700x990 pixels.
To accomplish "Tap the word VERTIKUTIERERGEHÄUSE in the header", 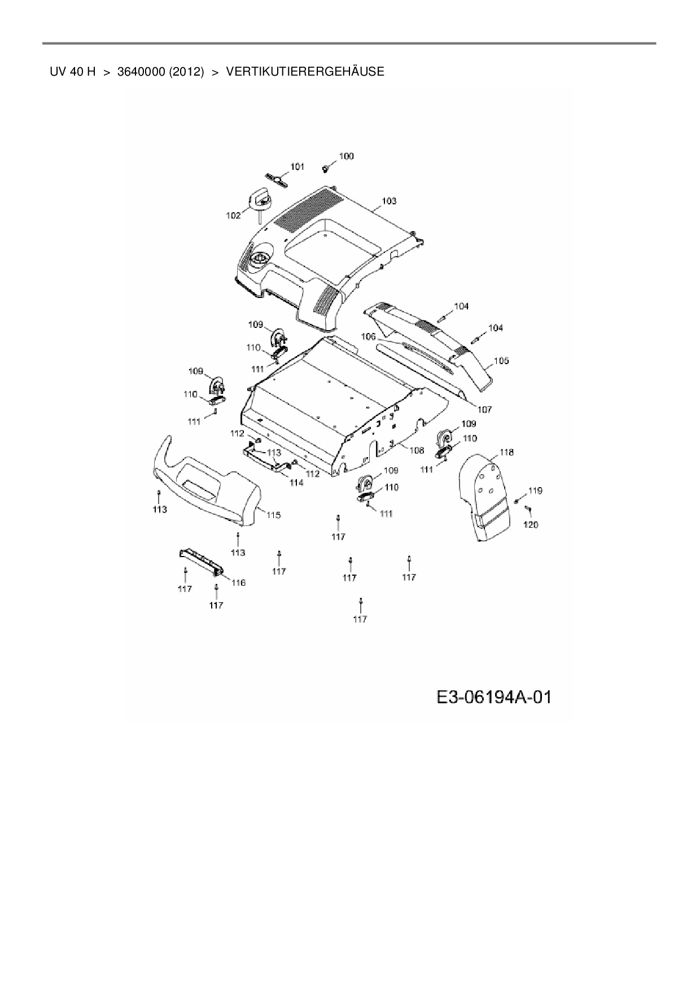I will (305, 72).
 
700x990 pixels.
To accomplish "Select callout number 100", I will (346, 156).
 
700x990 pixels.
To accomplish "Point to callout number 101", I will (297, 167).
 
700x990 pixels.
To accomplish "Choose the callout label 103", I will (389, 201).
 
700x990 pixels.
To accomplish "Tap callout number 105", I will (501, 361).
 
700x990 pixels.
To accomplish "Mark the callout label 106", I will (368, 336).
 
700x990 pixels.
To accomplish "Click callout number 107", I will (484, 409).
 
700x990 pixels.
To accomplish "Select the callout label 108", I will (416, 450).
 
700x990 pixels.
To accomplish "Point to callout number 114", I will (296, 483).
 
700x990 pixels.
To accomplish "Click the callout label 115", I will (273, 515).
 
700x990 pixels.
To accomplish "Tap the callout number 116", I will (238, 582).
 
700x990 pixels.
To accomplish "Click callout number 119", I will (535, 490).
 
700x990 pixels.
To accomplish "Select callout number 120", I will (531, 525).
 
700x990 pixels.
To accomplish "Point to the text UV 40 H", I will (72, 72).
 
